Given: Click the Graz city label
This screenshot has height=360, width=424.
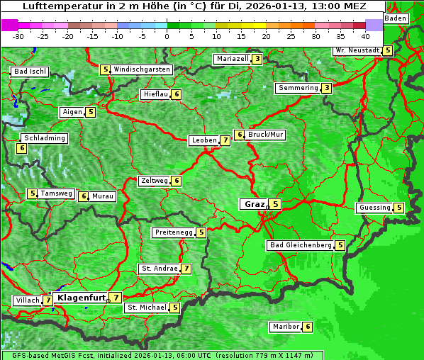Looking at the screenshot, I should (253, 204).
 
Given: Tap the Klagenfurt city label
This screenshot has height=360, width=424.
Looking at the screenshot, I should (81, 298).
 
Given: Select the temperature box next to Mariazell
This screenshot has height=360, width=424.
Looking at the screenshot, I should (257, 59).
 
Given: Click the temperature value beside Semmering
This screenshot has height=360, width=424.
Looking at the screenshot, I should (325, 88).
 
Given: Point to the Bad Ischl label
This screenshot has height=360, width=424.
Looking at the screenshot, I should (30, 72).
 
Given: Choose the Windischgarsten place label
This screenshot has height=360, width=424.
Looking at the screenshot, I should (142, 69).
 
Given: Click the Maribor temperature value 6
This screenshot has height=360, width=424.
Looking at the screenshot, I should (307, 327).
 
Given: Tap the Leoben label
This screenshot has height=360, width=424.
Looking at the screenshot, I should (204, 140).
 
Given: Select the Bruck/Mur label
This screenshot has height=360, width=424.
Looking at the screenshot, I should (266, 134).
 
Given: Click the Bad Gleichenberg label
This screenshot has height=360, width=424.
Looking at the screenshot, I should (301, 245).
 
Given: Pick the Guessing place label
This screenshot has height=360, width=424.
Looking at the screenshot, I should (374, 208).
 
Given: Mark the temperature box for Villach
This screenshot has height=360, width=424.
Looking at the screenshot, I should (48, 300).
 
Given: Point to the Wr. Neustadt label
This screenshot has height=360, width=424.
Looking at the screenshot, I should (357, 51).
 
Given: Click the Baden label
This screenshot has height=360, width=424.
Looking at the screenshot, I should (396, 18).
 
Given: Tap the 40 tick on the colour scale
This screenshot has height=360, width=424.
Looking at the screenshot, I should (365, 35).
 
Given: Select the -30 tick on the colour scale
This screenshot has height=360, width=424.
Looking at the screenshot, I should (18, 35).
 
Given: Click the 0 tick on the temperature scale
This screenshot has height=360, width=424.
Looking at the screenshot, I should (167, 35).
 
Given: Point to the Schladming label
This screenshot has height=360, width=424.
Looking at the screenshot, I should (44, 138).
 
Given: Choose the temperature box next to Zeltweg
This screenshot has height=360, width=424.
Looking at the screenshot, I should (177, 181).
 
